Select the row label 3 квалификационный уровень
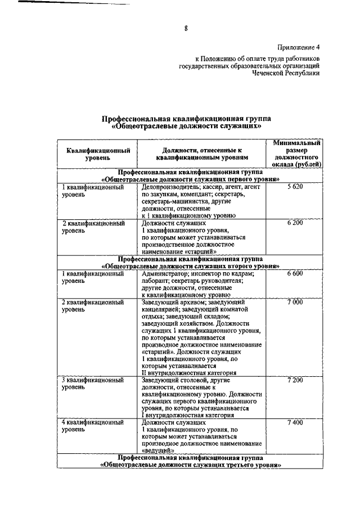coord(92,384)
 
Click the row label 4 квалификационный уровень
coord(92,425)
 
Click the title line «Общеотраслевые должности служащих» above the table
coord(186,127)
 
